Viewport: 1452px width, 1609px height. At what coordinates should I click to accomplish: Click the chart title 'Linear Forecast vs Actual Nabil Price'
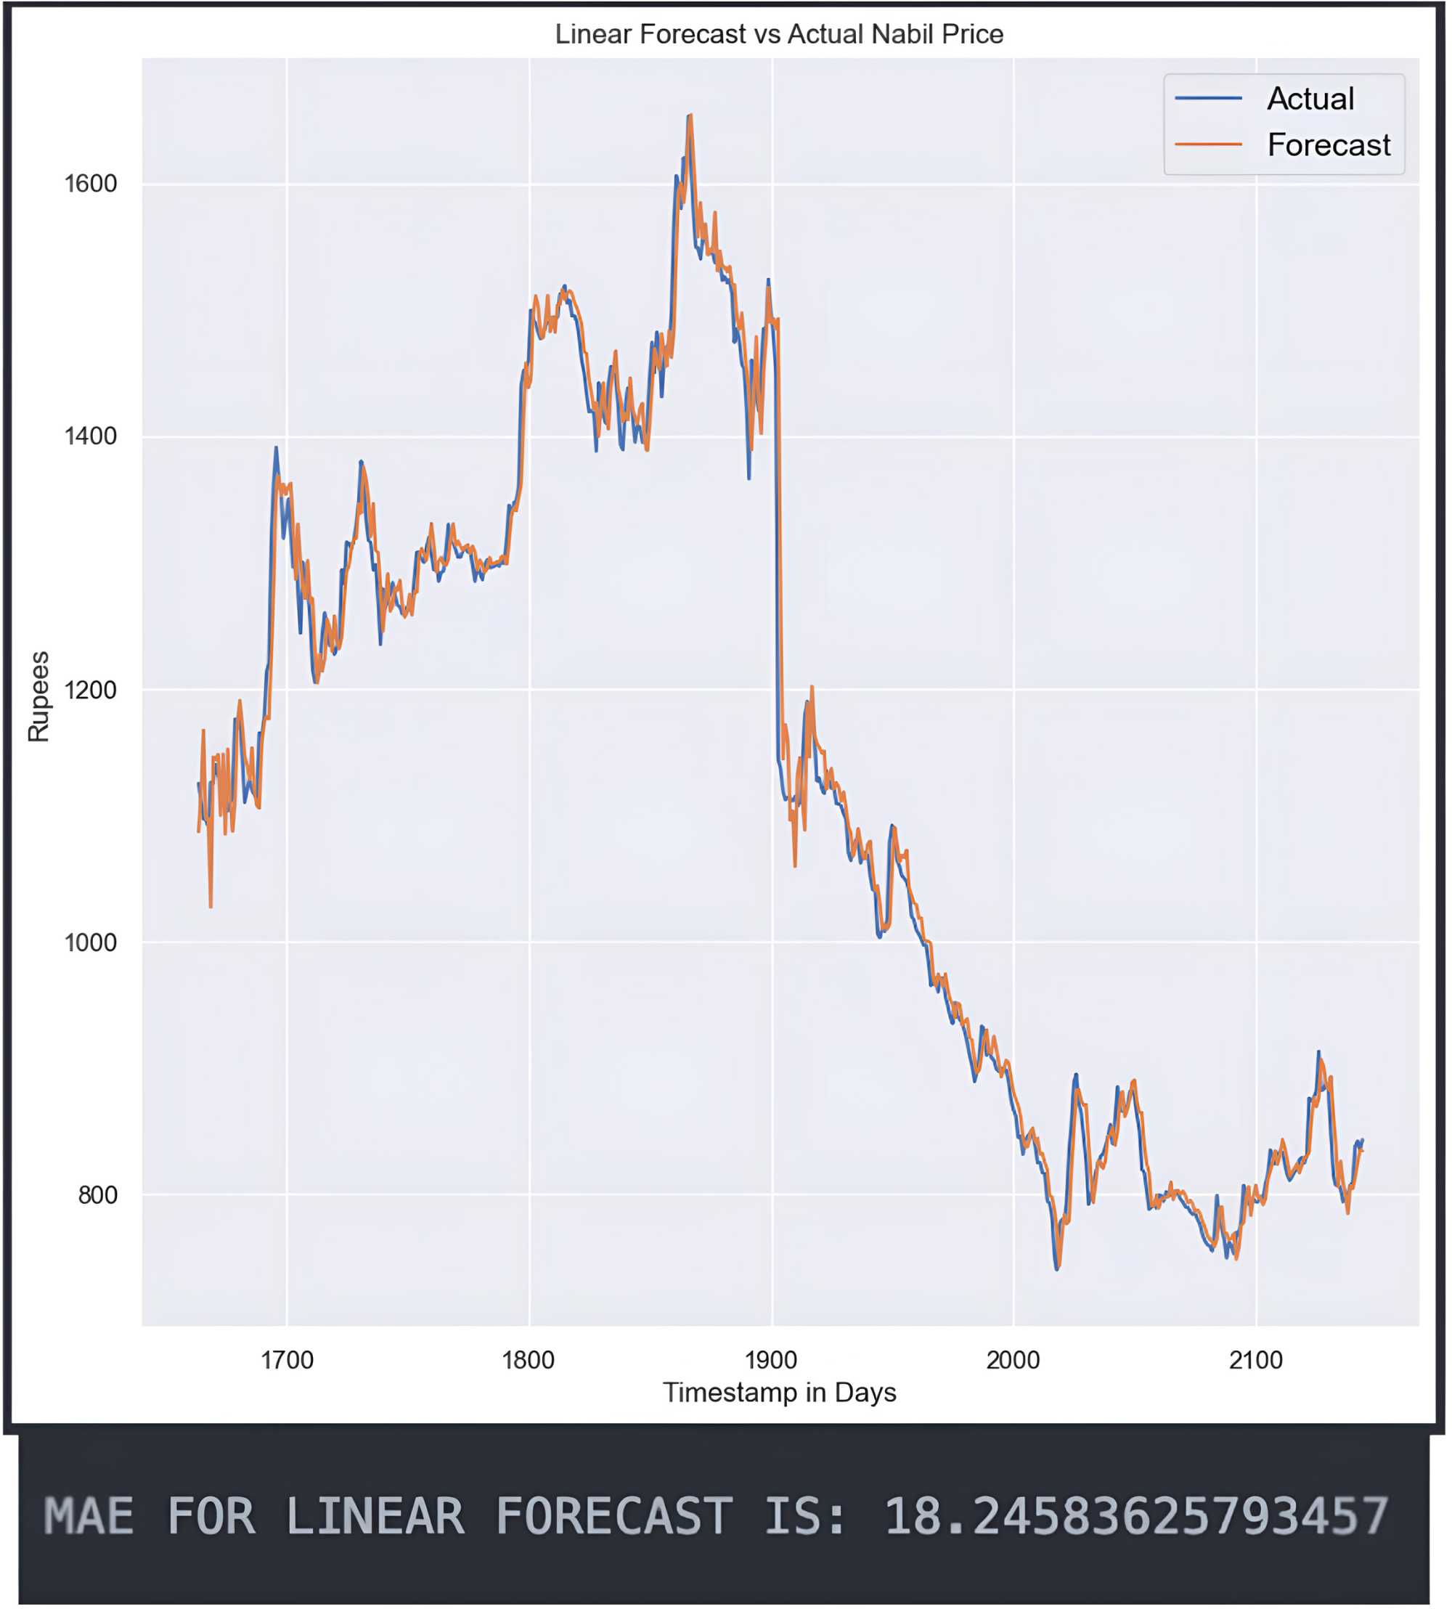click(779, 34)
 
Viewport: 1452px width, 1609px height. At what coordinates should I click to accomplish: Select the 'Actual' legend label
click(1310, 99)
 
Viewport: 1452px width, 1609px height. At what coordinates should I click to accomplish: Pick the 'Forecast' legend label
click(1329, 145)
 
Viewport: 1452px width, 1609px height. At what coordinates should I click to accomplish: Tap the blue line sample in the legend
click(1208, 98)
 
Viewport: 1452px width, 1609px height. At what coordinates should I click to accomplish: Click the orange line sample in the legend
click(1208, 144)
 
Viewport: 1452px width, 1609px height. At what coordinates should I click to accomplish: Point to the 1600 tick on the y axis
click(90, 184)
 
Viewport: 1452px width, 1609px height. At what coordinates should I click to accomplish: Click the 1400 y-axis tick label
click(90, 436)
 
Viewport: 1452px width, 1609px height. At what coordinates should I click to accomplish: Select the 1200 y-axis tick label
click(90, 689)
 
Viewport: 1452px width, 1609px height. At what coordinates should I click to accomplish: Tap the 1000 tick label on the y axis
click(90, 942)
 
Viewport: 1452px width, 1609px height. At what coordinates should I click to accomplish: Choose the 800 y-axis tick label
click(97, 1195)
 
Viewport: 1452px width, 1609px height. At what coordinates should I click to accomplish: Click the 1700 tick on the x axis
click(287, 1360)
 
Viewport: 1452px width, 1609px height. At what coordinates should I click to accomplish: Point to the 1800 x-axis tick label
click(528, 1360)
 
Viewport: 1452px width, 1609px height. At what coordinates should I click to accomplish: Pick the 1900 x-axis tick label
click(772, 1360)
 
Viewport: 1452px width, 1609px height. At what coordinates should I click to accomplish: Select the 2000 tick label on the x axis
click(1013, 1360)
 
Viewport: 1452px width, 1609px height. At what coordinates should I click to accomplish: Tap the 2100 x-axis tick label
click(1256, 1360)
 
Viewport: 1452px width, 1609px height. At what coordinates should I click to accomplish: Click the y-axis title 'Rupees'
click(38, 696)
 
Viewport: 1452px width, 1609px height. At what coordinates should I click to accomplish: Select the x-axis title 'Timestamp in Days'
click(780, 1393)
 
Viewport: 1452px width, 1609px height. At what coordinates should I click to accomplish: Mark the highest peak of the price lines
click(689, 116)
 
